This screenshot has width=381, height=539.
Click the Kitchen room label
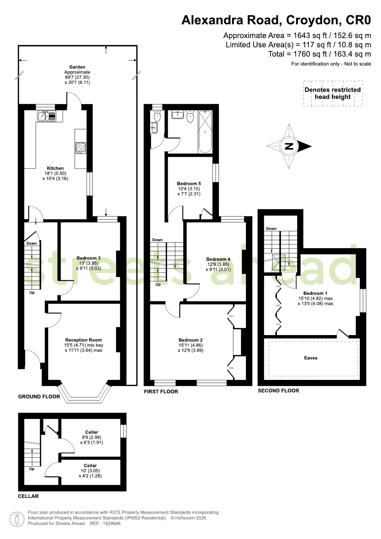[55, 168]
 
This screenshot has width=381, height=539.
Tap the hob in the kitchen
[81, 148]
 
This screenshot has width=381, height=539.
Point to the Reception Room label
[84, 340]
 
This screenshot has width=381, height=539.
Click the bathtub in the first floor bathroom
[205, 131]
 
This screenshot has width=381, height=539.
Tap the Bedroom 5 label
[189, 184]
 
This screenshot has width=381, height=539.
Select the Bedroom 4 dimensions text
[218, 267]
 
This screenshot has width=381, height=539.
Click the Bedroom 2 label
[191, 340]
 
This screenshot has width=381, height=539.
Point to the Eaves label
[311, 358]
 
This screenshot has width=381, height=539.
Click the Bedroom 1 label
[315, 293]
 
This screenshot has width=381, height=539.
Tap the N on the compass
[289, 146]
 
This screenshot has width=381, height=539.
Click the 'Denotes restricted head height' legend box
[333, 93]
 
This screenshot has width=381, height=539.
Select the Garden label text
[77, 67]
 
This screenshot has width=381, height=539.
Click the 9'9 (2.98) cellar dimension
[92, 437]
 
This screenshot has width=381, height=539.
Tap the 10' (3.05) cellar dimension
[90, 471]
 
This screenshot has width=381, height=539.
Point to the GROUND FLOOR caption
[39, 397]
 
